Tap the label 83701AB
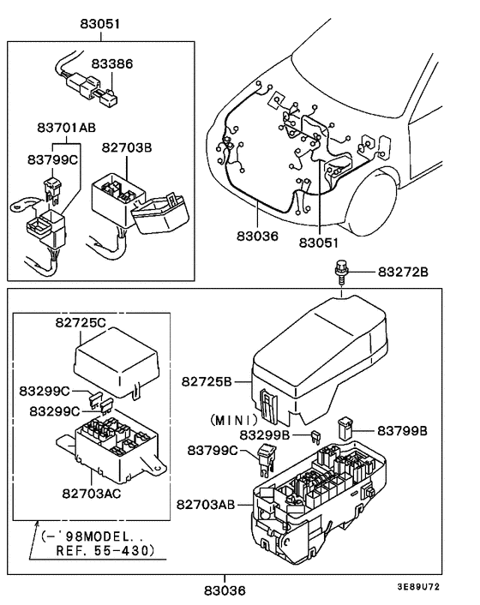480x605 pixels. click(x=66, y=128)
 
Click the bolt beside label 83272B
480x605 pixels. click(x=341, y=273)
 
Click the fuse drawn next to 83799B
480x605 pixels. click(x=348, y=426)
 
